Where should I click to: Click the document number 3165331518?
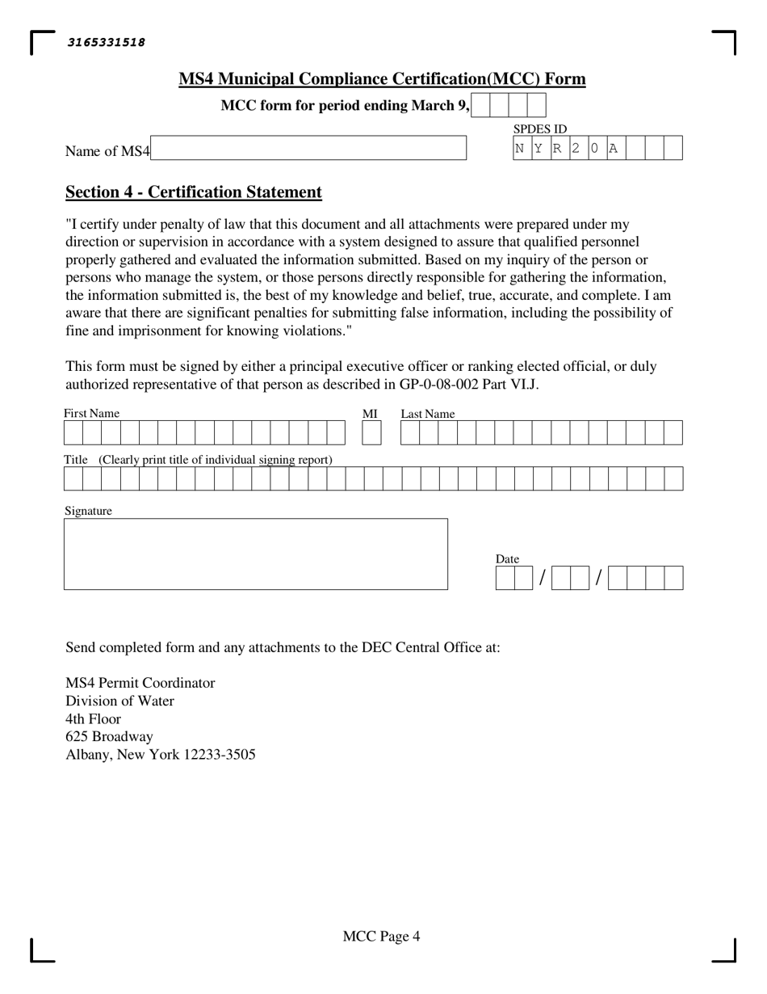pos(106,43)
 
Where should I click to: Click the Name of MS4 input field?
pos(308,148)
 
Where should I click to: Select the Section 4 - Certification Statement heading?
pos(194,192)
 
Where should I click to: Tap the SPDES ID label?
pos(540,129)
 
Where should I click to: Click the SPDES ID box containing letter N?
pos(522,148)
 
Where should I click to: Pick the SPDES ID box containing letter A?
pos(615,148)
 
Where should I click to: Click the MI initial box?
pos(371,433)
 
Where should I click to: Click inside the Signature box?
pos(255,554)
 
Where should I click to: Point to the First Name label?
pos(92,414)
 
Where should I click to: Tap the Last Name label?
pos(428,414)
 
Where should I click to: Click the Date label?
pos(507,559)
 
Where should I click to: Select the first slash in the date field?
pos(543,578)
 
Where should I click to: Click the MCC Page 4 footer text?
pos(381,937)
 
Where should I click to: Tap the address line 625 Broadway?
pos(109,737)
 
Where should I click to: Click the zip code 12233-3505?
pos(220,755)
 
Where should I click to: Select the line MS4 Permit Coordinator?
pos(140,683)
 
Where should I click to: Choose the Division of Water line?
pos(119,701)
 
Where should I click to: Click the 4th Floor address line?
pos(93,719)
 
